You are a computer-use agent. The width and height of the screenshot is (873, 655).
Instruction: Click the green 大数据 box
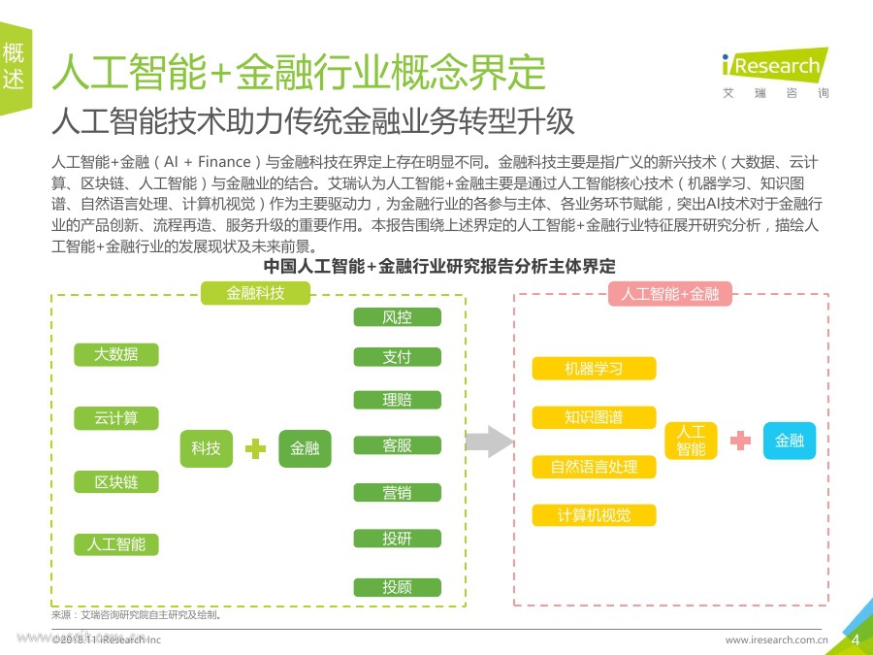point(116,354)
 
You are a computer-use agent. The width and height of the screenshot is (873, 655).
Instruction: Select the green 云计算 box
point(116,418)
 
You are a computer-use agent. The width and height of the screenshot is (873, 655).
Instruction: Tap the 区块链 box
point(116,482)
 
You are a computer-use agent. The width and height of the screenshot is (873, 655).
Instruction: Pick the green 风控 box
point(397,317)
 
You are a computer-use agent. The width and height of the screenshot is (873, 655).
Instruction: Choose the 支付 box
point(397,357)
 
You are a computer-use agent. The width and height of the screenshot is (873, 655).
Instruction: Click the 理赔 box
point(397,400)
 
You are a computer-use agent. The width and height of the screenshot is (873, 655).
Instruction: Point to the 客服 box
point(397,445)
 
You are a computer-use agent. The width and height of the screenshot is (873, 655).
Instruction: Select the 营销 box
point(397,493)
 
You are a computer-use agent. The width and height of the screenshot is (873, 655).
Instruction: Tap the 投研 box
point(397,539)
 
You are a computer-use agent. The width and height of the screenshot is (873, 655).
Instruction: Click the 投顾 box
point(397,587)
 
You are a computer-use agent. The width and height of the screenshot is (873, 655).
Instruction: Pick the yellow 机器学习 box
point(594,369)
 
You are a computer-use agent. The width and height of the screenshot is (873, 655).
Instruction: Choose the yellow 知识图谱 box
point(594,418)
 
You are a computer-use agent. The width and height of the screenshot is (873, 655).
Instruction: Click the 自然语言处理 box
point(594,467)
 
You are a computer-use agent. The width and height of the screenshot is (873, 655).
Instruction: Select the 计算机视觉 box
point(594,515)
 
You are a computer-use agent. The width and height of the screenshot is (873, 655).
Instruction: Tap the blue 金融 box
point(789,442)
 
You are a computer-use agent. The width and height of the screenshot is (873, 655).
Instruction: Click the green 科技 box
point(206,448)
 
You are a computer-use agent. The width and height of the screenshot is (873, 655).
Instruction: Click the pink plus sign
point(740,441)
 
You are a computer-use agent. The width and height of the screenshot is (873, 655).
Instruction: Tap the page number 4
point(856,639)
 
